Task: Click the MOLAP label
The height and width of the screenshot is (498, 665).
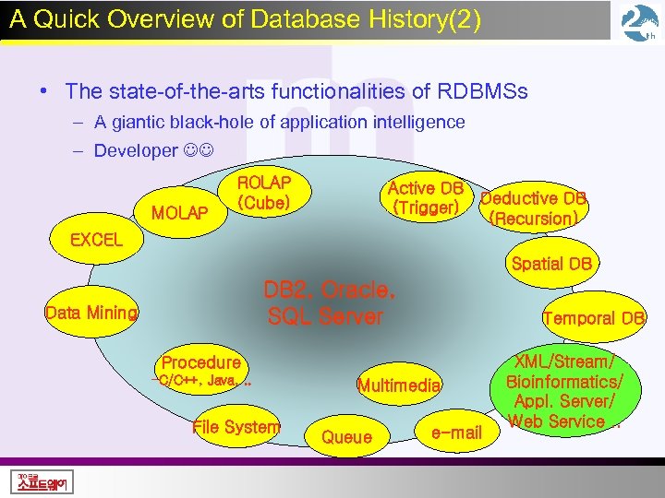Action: click(x=179, y=213)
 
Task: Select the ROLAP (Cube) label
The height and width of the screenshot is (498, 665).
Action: click(x=264, y=193)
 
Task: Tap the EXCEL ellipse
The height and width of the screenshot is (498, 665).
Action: click(x=96, y=240)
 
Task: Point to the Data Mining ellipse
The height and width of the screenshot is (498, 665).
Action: click(x=91, y=313)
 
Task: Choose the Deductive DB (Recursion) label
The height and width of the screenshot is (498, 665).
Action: click(x=535, y=208)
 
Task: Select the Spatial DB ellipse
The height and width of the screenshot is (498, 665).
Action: click(x=551, y=264)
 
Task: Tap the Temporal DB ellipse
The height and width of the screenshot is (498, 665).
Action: click(x=593, y=319)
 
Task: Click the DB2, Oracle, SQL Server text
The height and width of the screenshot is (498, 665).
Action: click(x=330, y=303)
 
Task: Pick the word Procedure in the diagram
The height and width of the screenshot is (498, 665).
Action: click(x=201, y=362)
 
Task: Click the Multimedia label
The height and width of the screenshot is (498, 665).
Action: click(x=399, y=385)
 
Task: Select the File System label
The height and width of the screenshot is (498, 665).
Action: click(x=236, y=427)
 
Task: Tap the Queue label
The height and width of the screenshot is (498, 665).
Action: click(x=346, y=438)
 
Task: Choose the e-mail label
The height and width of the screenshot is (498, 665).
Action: click(x=456, y=432)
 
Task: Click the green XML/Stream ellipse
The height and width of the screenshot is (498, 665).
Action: click(x=563, y=392)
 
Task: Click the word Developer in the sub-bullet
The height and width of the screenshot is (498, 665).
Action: click(x=135, y=150)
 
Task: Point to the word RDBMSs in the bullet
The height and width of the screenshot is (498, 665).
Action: click(x=482, y=91)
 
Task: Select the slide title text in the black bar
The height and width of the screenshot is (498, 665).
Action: click(x=246, y=20)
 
